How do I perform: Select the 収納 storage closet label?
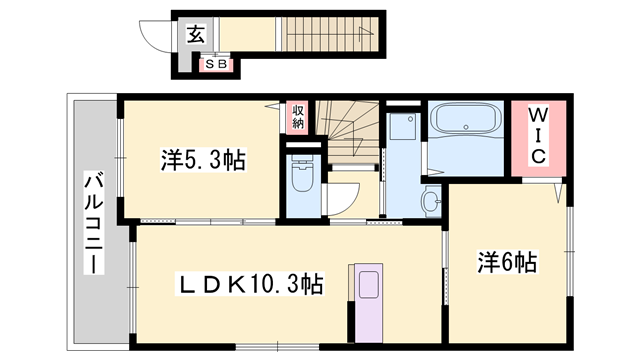click(x=298, y=117)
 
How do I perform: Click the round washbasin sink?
click(x=431, y=201)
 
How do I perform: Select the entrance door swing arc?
click(x=155, y=38)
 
